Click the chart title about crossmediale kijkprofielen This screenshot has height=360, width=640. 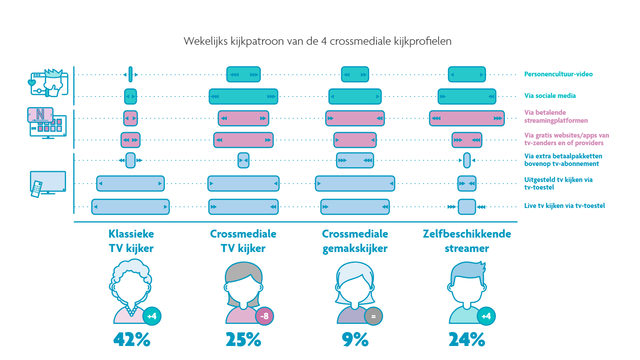point(318,41)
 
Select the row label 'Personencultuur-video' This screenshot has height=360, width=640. point(558,74)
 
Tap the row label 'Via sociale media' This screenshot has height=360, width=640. point(550,96)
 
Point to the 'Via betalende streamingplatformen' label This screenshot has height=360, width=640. point(556,116)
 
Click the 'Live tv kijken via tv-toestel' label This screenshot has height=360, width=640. point(564,206)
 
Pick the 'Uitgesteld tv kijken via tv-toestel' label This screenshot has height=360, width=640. point(558,184)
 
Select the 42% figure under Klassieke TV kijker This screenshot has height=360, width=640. point(132,340)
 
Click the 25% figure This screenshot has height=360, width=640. point(243,340)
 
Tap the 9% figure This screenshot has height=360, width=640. point(355,340)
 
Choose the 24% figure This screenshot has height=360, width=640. point(467,340)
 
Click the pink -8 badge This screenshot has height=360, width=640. point(264,316)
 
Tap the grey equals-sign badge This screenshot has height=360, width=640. point(373,316)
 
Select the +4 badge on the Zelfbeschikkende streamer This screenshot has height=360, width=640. point(486,316)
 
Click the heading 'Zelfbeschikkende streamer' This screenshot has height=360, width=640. point(467,241)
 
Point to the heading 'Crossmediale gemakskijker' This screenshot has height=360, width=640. point(355,241)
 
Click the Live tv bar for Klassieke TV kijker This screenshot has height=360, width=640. point(130,207)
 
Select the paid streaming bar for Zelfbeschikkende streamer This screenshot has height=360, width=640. point(467,118)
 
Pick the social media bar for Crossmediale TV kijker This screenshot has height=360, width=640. point(243,96)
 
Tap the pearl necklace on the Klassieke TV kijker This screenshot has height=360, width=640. point(131,310)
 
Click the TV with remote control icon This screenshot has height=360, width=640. point(48,184)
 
